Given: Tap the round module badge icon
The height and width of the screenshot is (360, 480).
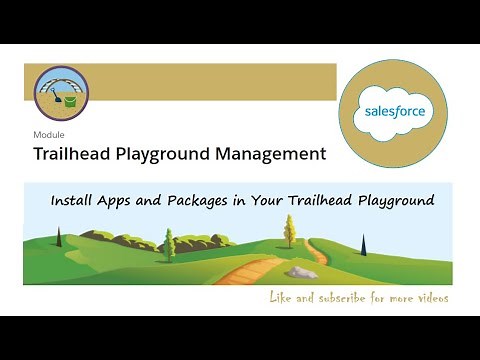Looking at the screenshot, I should pos(61,93).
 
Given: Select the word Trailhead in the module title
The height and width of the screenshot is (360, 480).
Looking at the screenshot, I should pos(75,154).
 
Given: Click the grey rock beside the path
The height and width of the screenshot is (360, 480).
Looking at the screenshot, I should pos(301,271).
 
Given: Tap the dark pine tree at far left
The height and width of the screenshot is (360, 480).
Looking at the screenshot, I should pos(58,238).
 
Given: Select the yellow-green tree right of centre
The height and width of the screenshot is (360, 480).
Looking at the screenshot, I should pos(289,231).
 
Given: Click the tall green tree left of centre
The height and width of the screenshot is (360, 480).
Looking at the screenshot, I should pos(169,244).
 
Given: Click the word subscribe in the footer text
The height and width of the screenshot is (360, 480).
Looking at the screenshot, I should pos(344,298).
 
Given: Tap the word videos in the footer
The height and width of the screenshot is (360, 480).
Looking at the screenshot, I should pos(428,298).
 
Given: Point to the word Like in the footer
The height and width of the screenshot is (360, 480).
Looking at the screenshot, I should pos(283,298).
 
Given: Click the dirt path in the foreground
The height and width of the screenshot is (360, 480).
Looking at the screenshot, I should pos(240,272).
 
